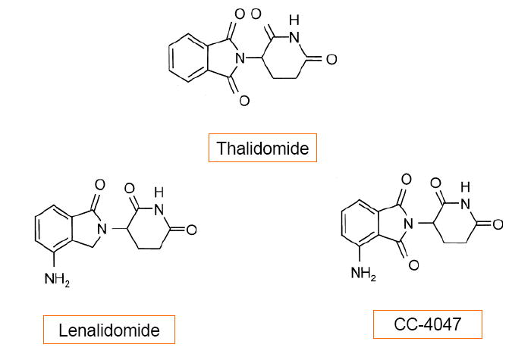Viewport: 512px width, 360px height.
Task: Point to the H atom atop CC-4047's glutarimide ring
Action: (x=465, y=186)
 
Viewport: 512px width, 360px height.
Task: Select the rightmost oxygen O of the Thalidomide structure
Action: (x=331, y=59)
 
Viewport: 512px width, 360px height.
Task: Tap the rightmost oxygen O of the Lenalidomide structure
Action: (x=191, y=228)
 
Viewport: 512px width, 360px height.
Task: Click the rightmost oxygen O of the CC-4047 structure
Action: (x=498, y=224)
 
